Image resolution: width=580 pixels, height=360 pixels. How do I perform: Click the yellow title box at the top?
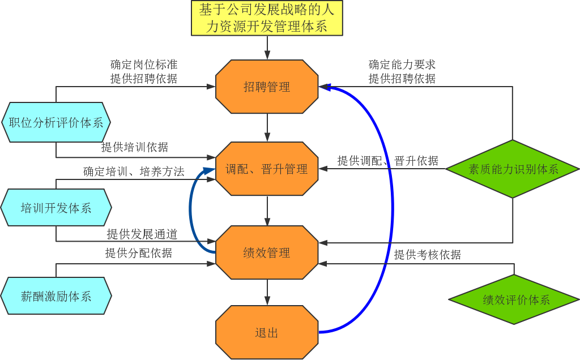click(x=267, y=18)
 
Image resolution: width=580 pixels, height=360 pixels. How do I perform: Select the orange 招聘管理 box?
click(x=267, y=87)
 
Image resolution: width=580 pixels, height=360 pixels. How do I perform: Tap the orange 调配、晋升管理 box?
click(x=267, y=169)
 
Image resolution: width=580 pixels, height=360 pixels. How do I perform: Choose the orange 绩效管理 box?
click(x=267, y=252)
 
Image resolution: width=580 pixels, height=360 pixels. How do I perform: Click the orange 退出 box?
click(x=267, y=332)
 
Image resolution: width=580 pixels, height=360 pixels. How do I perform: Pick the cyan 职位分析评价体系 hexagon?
click(x=56, y=122)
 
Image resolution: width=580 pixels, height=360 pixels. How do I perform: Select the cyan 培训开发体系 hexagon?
click(x=56, y=208)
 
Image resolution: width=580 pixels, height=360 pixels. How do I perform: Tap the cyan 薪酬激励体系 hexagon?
click(x=56, y=296)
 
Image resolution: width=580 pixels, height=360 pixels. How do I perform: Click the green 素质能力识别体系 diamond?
click(x=513, y=169)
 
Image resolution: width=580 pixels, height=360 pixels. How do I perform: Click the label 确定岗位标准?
click(x=143, y=65)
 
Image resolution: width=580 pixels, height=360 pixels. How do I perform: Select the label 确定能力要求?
click(x=402, y=65)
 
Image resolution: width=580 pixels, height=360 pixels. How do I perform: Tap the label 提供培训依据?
click(x=134, y=148)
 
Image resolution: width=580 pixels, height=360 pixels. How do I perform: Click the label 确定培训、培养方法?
click(x=133, y=172)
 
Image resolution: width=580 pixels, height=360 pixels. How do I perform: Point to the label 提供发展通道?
click(x=142, y=234)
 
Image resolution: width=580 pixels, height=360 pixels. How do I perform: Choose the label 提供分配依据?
click(x=138, y=253)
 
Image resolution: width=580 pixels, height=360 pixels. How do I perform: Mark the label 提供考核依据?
click(x=427, y=255)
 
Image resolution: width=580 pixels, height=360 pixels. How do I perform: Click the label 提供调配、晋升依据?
click(x=387, y=161)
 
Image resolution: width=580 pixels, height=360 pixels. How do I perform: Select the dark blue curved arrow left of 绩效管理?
click(x=191, y=209)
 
